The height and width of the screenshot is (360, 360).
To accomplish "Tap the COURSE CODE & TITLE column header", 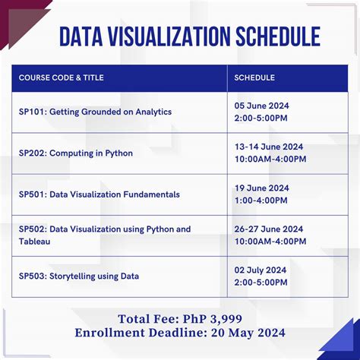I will (61, 77).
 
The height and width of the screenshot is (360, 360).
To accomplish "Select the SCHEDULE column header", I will (254, 77).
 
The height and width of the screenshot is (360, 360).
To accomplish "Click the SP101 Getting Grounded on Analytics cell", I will (95, 112).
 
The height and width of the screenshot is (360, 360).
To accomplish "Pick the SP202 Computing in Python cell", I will (76, 153).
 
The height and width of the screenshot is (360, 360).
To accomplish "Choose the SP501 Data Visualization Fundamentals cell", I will (99, 194).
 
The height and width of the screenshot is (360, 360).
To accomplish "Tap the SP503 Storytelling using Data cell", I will (79, 276).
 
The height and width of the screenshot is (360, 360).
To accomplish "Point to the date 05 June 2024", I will (261, 106).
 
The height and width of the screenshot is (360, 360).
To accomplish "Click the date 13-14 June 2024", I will (268, 147).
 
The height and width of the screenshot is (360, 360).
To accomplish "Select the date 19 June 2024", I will (261, 188).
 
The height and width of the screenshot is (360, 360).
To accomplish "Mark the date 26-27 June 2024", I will (268, 229).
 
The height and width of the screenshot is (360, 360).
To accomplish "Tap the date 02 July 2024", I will (261, 270).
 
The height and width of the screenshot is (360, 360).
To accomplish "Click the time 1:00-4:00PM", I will (261, 201).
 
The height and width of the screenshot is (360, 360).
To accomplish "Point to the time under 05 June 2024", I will (261, 118).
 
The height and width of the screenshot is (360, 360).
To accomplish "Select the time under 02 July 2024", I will (261, 283).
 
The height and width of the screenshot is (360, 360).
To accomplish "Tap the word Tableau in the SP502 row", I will (35, 242).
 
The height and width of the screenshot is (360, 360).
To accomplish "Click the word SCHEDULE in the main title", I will (267, 36).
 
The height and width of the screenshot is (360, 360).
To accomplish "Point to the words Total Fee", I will (145, 318).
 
